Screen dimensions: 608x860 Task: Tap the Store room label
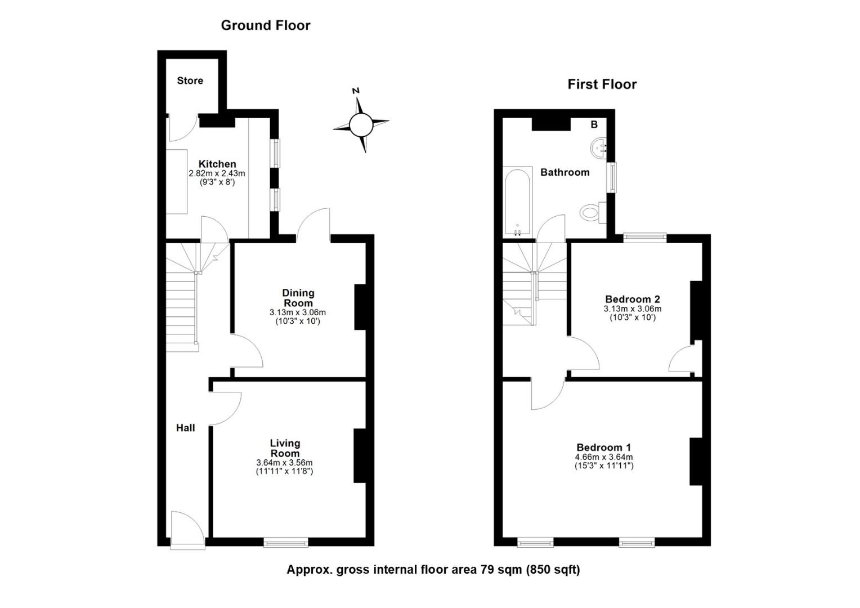pos(190,81)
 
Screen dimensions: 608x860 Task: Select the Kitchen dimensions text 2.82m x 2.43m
pos(217,174)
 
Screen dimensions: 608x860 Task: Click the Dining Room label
pos(298,298)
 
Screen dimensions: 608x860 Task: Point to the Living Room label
pos(285,448)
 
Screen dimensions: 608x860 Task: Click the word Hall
pos(185,428)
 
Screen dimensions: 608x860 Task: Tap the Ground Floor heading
pos(265,25)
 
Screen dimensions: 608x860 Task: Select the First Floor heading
pos(602,84)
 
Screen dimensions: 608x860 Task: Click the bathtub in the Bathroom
pos(517,202)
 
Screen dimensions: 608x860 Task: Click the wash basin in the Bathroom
pos(599,148)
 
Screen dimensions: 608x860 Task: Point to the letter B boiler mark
pos(594,124)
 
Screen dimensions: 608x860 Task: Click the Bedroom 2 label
pos(632,299)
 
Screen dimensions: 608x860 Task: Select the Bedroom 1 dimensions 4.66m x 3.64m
pos(603,457)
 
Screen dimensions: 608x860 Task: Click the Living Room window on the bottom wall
pos(286,542)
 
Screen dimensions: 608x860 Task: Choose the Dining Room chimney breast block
pos(360,307)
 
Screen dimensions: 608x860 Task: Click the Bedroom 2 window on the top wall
pos(644,238)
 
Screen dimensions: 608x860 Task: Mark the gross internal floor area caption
pos(433,569)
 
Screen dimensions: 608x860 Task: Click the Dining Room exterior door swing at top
pos(313,225)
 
